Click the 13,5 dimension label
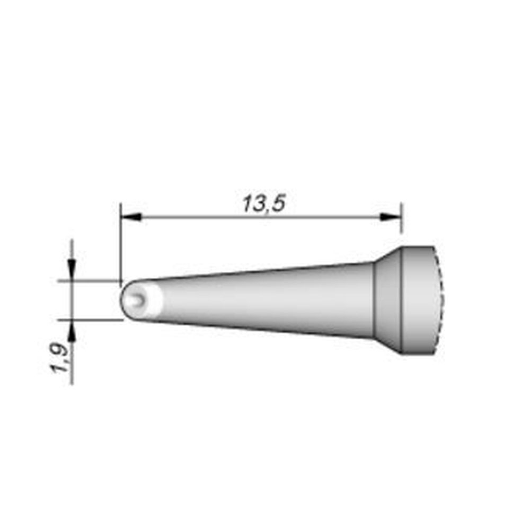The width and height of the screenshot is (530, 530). coord(263,204)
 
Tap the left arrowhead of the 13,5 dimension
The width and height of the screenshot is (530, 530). coord(130,216)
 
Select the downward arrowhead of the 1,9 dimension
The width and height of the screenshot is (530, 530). coord(72,267)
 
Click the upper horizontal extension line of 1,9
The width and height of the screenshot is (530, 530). coord(90,280)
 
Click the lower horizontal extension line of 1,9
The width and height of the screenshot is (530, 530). coord(90,320)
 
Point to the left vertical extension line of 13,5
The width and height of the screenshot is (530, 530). coord(120,238)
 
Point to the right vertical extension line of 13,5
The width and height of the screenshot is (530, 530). coord(401,223)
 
